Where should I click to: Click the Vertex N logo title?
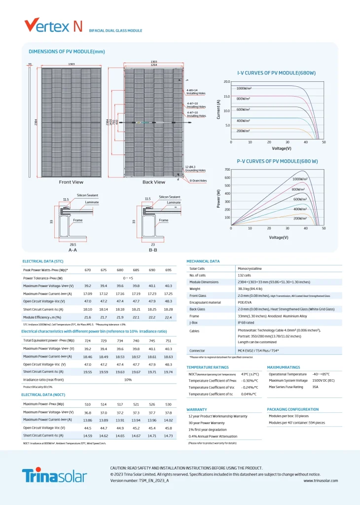coord(53,26)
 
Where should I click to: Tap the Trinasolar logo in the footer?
coord(54,475)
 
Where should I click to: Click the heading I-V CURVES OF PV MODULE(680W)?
coord(276,72)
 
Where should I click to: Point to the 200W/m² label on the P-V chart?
coord(300,218)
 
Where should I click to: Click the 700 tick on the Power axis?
coord(227,170)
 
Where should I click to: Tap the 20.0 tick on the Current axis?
coord(227,82)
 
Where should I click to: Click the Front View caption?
coord(71,182)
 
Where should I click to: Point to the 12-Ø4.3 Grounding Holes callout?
coord(196,169)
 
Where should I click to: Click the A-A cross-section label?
coord(72,250)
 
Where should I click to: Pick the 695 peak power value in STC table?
coord(168,270)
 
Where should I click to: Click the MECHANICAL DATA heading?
coord(203,261)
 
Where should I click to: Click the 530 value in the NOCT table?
coord(168,404)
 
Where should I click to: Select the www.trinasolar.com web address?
coord(321,480)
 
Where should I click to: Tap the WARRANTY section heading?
coord(196,409)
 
